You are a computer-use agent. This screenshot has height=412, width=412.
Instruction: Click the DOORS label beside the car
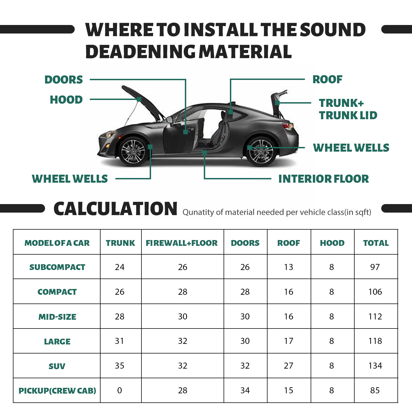click(x=63, y=80)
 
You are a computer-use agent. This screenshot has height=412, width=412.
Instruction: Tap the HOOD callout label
click(x=66, y=100)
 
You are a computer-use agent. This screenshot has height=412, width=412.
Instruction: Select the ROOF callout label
click(x=327, y=79)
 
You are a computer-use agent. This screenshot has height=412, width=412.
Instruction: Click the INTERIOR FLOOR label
click(x=324, y=179)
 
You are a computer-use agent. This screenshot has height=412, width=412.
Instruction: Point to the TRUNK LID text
click(x=348, y=115)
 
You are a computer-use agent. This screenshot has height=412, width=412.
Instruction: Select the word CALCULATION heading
click(x=115, y=209)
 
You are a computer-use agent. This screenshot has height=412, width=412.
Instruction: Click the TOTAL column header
click(x=376, y=243)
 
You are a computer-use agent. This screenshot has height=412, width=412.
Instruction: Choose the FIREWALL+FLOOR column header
click(x=182, y=243)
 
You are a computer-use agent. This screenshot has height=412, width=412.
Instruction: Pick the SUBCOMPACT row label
click(x=57, y=267)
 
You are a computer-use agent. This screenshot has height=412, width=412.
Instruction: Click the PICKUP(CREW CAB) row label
click(x=57, y=391)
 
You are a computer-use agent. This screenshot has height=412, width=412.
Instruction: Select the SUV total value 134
click(x=375, y=366)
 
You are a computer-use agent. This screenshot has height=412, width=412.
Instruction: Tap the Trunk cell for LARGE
click(x=119, y=341)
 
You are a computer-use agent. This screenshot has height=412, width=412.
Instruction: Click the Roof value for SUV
click(x=288, y=366)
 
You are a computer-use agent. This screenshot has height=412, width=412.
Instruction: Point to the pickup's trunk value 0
click(x=119, y=390)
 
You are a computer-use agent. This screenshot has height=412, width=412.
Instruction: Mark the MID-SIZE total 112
click(x=375, y=316)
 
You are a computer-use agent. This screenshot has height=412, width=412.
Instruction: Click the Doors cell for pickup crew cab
click(x=245, y=390)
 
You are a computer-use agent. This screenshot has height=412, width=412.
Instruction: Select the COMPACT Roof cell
click(x=288, y=292)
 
